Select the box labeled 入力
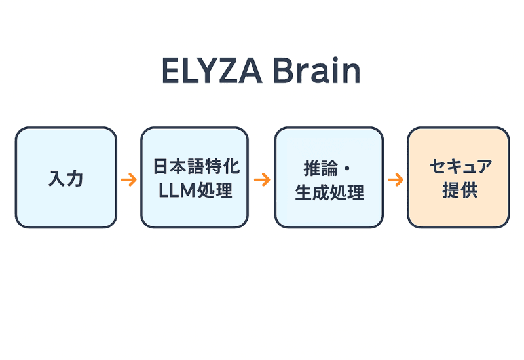[x=65, y=177]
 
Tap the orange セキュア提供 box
[x=458, y=177]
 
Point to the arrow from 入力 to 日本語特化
[x=129, y=179]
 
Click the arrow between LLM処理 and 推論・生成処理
[x=262, y=179]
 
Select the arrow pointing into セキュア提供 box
[x=395, y=179]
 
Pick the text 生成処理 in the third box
[x=329, y=192]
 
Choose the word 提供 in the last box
[x=459, y=191]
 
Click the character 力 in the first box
[x=75, y=178]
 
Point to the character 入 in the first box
[x=57, y=178]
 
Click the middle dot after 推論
[x=347, y=168]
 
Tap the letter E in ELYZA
[x=170, y=71]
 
